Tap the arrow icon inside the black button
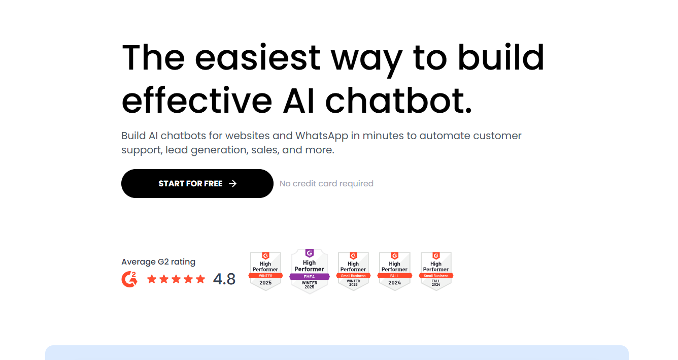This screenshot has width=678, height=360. pos(233,183)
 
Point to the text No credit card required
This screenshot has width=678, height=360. pos(326,183)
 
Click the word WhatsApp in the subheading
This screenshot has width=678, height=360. pos(321,136)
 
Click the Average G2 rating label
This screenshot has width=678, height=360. pos(158,262)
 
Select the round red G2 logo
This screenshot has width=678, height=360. pos(129,279)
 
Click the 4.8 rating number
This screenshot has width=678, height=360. pos(224,279)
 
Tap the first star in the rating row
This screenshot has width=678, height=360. pos(152,279)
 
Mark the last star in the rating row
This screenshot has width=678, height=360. pos(200,279)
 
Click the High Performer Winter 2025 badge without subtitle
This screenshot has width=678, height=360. pos(265,271)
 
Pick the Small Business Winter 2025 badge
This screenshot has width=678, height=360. pos(353,271)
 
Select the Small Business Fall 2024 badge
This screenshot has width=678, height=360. pos(436,271)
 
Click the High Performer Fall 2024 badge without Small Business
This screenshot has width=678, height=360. pos(394,271)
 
